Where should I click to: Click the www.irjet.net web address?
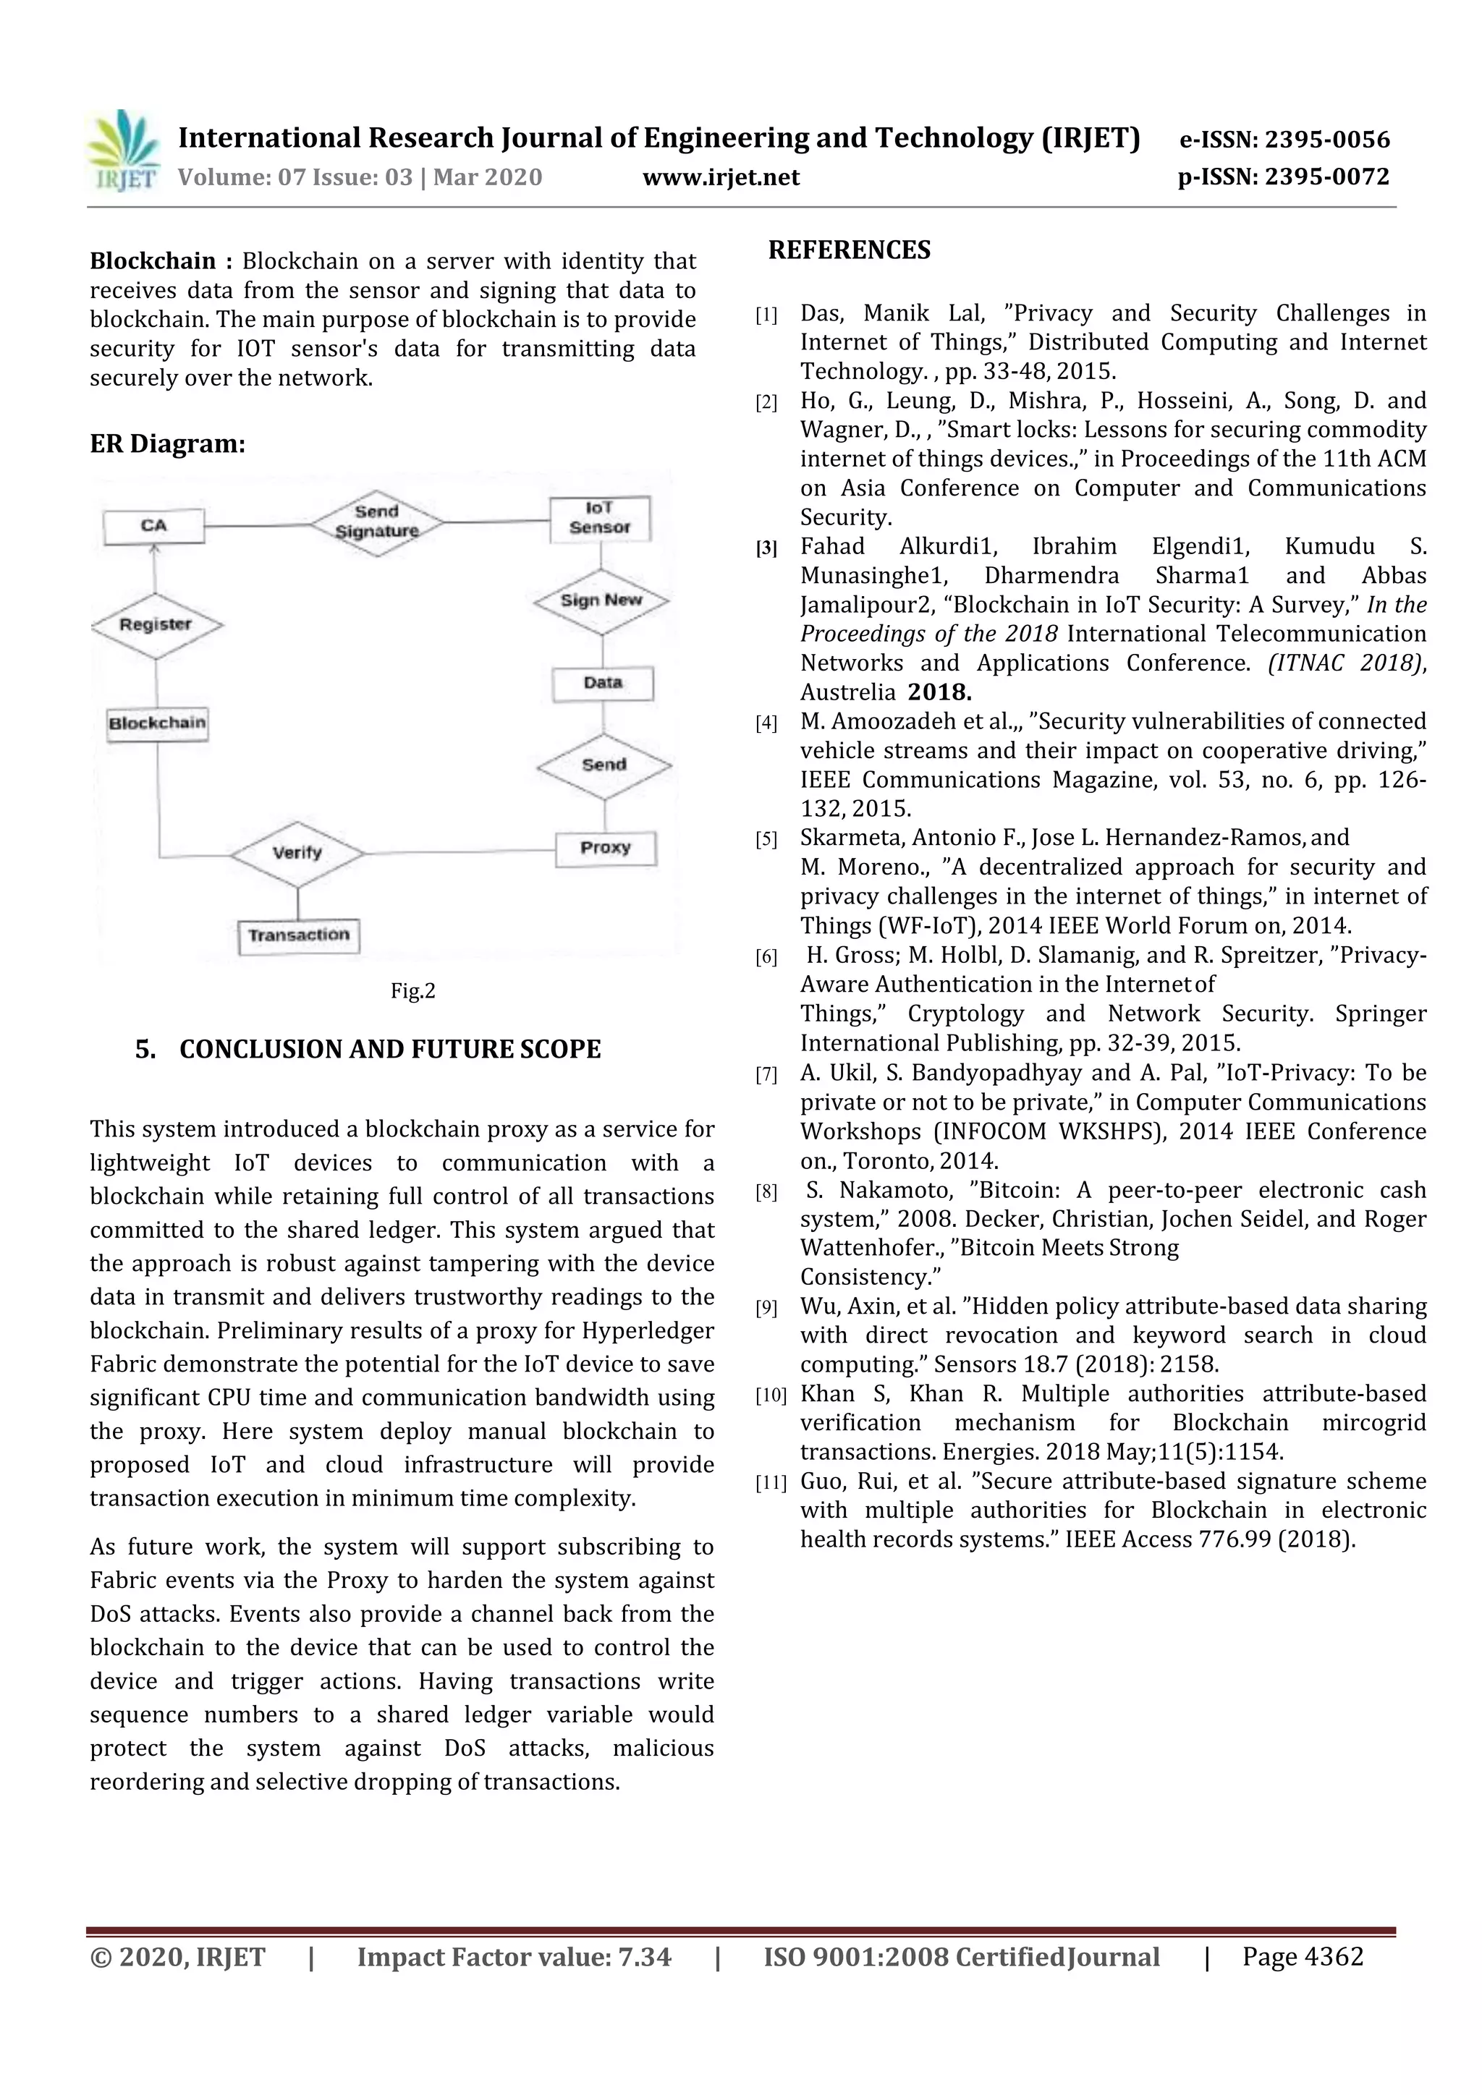(720, 178)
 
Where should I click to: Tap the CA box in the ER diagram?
(153, 527)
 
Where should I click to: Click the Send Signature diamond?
(376, 522)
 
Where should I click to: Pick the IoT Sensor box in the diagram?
(600, 518)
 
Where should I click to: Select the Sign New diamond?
(601, 600)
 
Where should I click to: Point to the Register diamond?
(156, 625)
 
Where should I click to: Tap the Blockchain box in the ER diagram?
(157, 723)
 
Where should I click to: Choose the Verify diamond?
(297, 853)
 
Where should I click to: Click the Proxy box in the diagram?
(605, 848)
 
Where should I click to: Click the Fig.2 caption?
(412, 991)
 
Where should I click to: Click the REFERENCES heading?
(849, 250)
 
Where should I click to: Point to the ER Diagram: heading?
(167, 444)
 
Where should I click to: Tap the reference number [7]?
(766, 1075)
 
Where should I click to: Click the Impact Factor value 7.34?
(644, 1958)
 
